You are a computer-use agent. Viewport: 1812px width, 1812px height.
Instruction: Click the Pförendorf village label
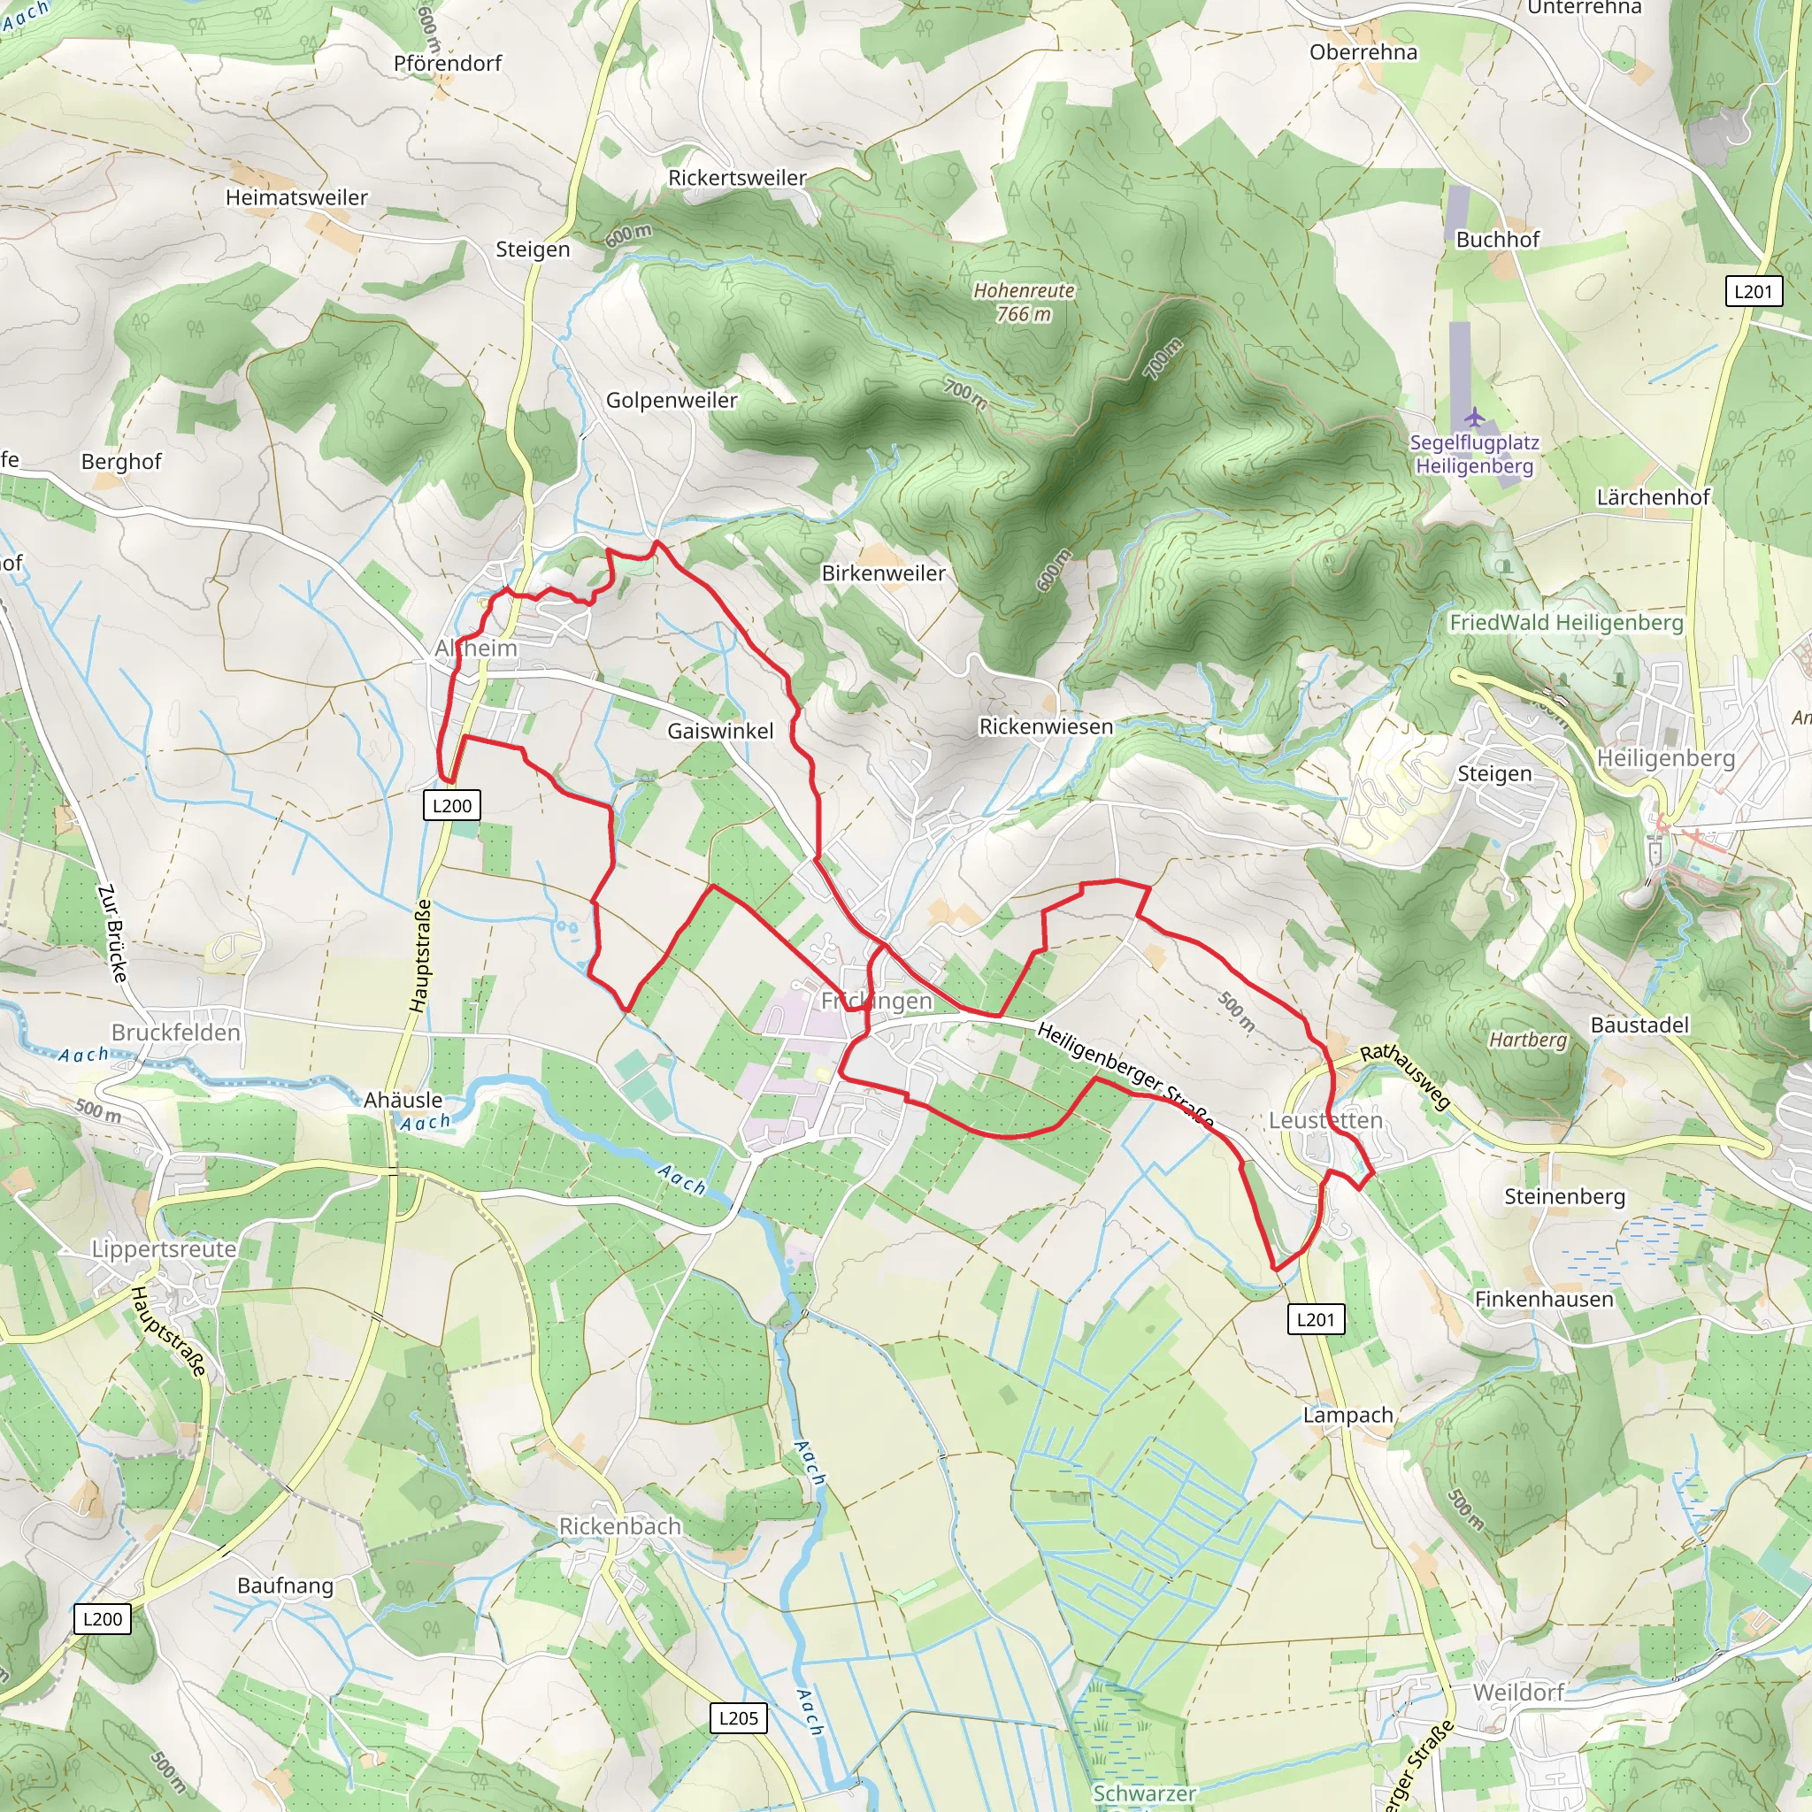point(448,64)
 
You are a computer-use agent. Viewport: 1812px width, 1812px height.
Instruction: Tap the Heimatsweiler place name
point(296,198)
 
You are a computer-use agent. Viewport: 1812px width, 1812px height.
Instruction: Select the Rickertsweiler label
point(737,178)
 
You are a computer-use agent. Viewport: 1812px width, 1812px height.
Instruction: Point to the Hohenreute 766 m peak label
point(1024,303)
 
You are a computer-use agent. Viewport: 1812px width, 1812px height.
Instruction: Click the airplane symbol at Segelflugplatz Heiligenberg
point(1474,416)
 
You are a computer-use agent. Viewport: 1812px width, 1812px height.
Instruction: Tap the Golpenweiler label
point(672,401)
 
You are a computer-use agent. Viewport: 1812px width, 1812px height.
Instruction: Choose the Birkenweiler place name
point(884,573)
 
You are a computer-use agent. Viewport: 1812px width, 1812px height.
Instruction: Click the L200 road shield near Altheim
point(452,806)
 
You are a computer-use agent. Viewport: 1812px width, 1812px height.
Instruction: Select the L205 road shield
point(738,1718)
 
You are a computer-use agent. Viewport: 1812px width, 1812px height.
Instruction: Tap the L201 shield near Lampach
point(1316,1319)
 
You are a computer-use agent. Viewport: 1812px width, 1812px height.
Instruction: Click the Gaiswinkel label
point(720,731)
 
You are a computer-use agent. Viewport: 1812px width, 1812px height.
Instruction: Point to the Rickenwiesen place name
point(1046,727)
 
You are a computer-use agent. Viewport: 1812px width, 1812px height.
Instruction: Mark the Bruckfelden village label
point(176,1033)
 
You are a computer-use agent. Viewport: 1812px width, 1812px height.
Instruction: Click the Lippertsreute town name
point(165,1249)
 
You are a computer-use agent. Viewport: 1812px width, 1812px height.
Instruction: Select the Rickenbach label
point(620,1526)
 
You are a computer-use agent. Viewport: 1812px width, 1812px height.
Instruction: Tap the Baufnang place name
point(285,1586)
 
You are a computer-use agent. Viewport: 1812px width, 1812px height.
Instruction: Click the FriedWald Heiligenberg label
point(1566,623)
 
